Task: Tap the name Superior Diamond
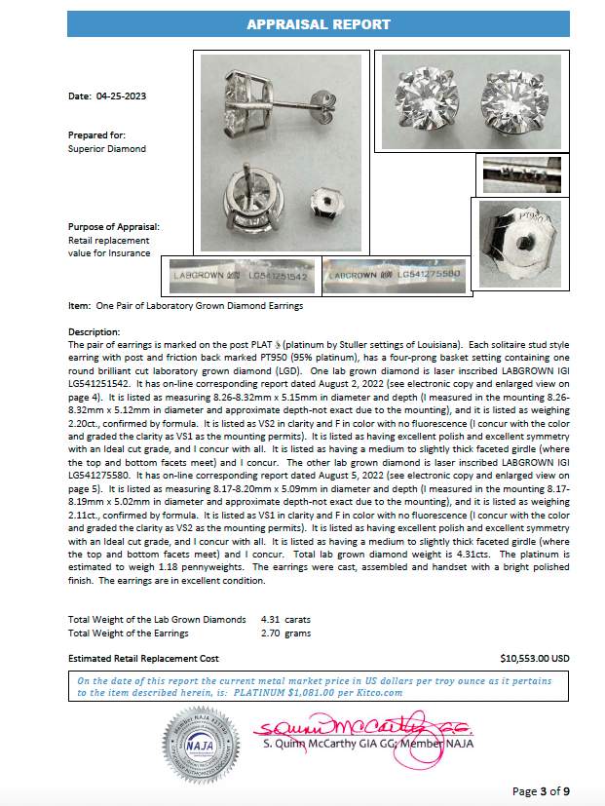click(x=106, y=149)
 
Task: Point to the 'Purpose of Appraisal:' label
click(x=113, y=226)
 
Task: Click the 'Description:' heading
click(x=95, y=332)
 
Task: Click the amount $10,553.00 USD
click(x=534, y=658)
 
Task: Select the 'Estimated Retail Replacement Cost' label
click(x=143, y=658)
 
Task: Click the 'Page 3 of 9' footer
click(x=548, y=790)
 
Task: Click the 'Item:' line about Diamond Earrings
click(x=185, y=305)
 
